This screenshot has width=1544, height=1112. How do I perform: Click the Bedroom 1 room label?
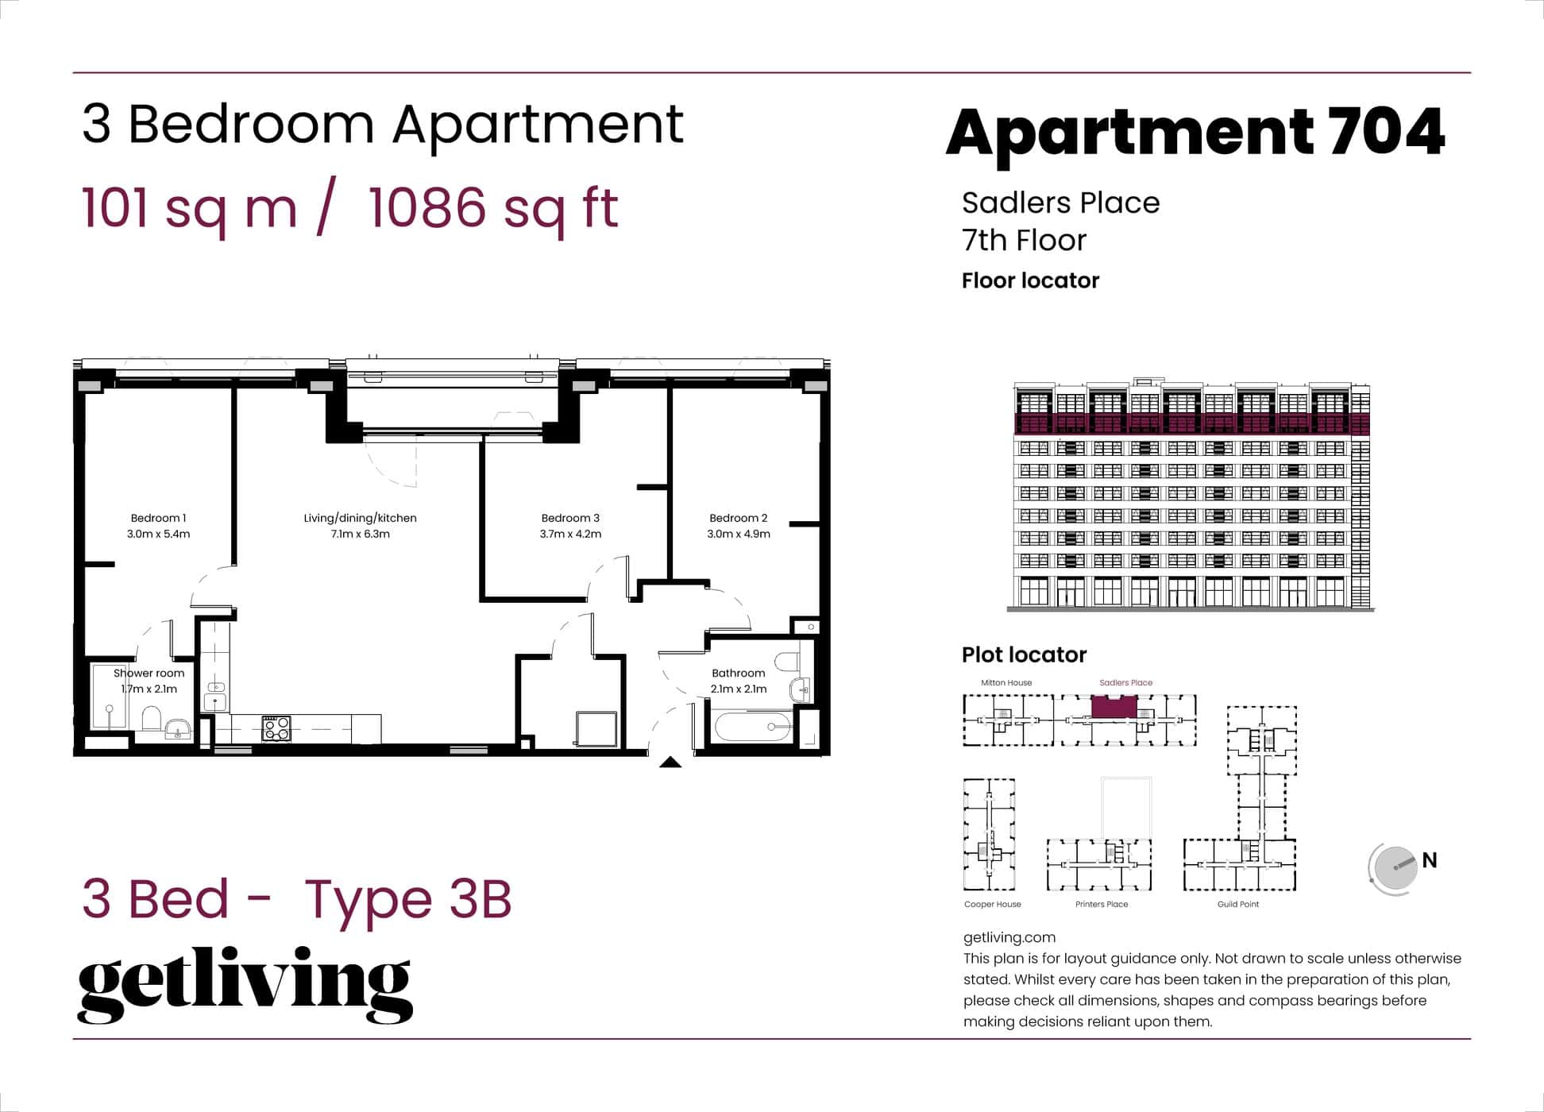[158, 518]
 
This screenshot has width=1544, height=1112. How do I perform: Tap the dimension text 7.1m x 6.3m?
[360, 535]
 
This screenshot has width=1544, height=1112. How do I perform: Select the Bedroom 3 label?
[570, 518]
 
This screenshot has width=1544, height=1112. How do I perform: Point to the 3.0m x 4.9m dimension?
[739, 535]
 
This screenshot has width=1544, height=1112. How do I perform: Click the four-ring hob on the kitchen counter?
[276, 728]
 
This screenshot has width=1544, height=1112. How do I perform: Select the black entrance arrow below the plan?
[670, 763]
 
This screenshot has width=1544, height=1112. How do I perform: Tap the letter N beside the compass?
[1430, 860]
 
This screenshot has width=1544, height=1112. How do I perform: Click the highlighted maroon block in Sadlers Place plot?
[1114, 706]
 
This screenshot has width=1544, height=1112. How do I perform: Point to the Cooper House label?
[992, 904]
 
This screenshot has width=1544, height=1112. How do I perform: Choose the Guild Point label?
[1237, 904]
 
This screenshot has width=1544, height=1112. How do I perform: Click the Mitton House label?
[1006, 682]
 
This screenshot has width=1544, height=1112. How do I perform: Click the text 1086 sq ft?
[493, 208]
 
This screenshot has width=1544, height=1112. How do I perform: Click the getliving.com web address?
[1009, 937]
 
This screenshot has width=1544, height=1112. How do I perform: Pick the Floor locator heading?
[1030, 280]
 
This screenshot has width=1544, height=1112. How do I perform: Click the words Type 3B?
[408, 899]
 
